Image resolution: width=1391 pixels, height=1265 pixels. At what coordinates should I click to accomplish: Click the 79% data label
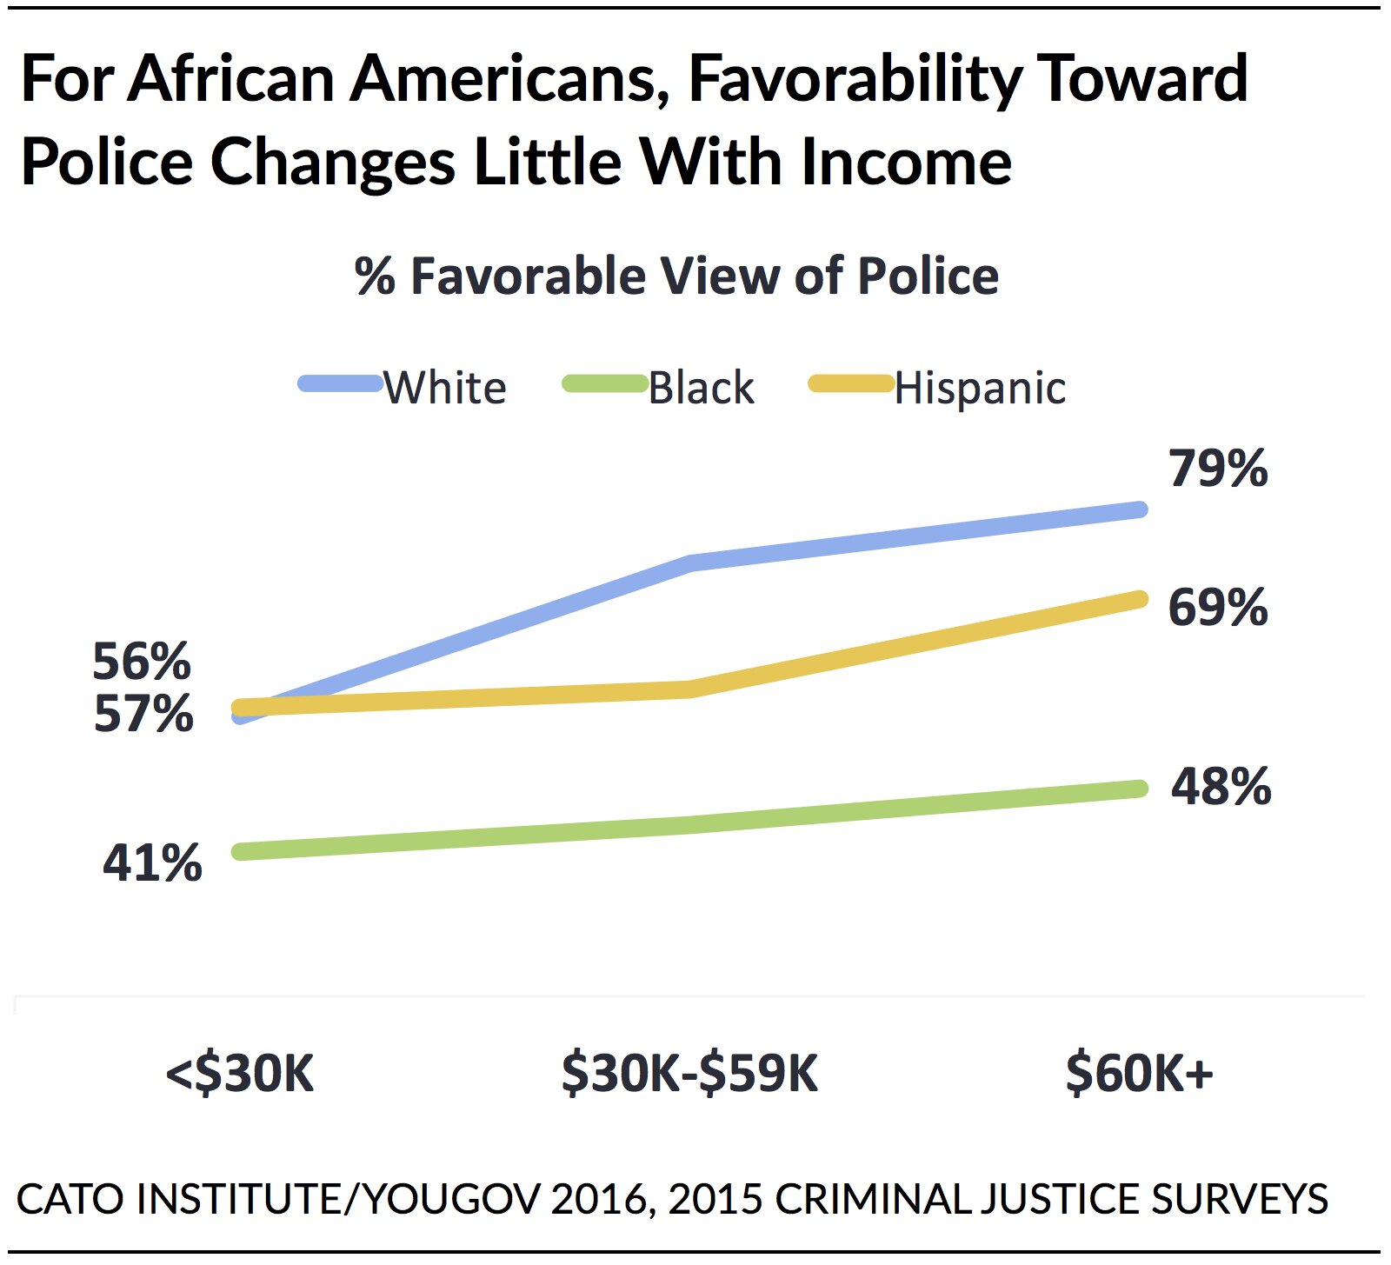pyautogui.click(x=1218, y=469)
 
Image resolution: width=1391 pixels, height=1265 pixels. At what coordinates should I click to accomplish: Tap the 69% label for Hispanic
pyautogui.click(x=1218, y=608)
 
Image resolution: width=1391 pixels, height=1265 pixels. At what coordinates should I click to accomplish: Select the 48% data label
pyautogui.click(x=1221, y=787)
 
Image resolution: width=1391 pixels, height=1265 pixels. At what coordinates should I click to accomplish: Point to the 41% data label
pyautogui.click(x=152, y=863)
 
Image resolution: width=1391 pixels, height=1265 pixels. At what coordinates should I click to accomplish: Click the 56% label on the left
pyautogui.click(x=142, y=662)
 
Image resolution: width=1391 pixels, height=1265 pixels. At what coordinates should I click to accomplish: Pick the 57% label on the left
pyautogui.click(x=143, y=715)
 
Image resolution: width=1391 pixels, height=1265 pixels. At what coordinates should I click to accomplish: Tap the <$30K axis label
pyautogui.click(x=240, y=1074)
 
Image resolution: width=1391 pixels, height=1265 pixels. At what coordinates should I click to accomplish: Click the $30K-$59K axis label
pyautogui.click(x=689, y=1074)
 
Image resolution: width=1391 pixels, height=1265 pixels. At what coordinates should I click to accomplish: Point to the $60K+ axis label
pyautogui.click(x=1139, y=1074)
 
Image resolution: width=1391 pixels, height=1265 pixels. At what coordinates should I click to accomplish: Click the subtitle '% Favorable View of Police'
pyautogui.click(x=676, y=276)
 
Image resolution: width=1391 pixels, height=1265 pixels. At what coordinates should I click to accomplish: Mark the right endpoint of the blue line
pyautogui.click(x=1140, y=509)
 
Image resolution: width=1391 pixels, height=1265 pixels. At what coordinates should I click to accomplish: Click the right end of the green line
pyautogui.click(x=1140, y=789)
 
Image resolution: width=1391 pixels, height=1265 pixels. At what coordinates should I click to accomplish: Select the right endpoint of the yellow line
pyautogui.click(x=1140, y=599)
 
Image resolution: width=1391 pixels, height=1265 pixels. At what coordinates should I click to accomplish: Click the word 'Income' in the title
pyautogui.click(x=906, y=163)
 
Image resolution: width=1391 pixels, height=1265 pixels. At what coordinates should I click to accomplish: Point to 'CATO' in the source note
pyautogui.click(x=69, y=1199)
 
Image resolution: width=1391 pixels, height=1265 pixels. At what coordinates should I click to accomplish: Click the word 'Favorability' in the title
pyautogui.click(x=853, y=80)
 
